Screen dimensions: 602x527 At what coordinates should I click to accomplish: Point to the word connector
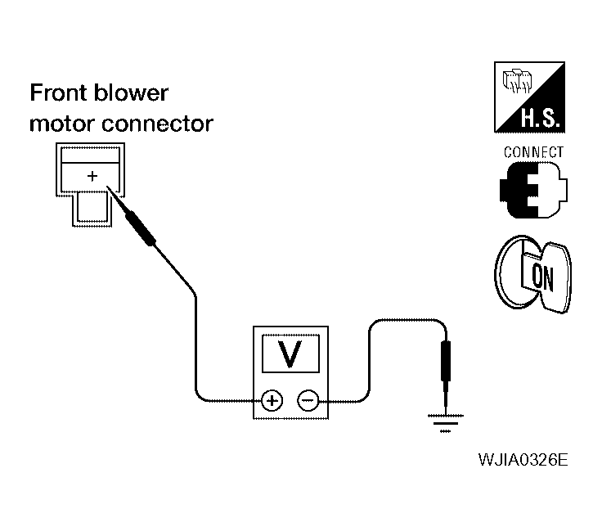click(157, 124)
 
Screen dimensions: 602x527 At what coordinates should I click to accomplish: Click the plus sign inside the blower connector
click(92, 176)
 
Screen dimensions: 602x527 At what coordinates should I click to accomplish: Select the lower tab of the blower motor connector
click(92, 208)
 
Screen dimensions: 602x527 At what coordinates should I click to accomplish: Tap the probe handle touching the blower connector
click(141, 227)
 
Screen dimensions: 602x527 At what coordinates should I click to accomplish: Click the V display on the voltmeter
click(290, 353)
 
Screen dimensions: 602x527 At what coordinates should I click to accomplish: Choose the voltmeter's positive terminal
click(272, 401)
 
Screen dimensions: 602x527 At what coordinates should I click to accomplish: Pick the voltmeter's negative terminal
click(308, 401)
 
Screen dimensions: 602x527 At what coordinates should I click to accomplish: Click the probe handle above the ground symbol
click(446, 361)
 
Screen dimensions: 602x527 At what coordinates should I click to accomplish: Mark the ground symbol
click(445, 423)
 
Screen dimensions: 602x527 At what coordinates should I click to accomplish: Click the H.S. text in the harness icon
click(540, 118)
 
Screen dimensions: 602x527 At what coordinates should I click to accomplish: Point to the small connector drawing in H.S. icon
click(517, 81)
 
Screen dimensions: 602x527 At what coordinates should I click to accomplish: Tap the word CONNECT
click(533, 152)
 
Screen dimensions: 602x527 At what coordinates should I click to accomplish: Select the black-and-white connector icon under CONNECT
click(533, 190)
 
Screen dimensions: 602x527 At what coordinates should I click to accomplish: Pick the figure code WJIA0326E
click(523, 459)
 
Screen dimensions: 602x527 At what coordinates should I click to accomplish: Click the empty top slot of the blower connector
click(90, 155)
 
